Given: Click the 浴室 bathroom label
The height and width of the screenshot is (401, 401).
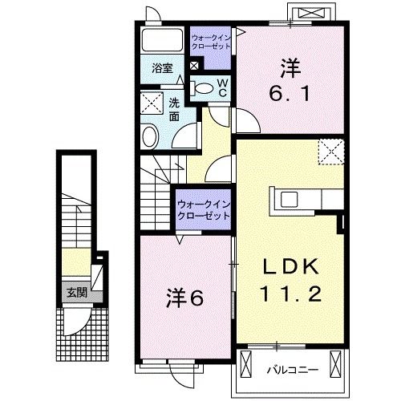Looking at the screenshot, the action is click(x=162, y=68).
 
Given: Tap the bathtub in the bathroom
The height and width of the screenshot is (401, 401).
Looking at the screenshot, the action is click(x=162, y=40).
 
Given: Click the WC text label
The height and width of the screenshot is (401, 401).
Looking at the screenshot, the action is click(x=223, y=88).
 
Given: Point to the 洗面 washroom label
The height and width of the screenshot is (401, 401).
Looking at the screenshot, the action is click(x=174, y=110).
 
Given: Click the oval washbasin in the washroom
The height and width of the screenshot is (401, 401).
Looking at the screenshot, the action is click(x=150, y=136).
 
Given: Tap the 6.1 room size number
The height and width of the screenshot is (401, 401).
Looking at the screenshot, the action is click(x=290, y=94).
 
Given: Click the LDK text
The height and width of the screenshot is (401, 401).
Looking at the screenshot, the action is click(x=291, y=266).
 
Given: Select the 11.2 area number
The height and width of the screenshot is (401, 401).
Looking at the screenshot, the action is click(x=290, y=294).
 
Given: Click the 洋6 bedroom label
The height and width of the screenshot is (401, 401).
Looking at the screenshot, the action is click(x=185, y=298).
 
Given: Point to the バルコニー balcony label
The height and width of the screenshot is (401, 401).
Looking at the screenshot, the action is click(x=293, y=370).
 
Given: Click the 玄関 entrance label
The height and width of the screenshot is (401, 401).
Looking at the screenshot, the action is click(x=77, y=293).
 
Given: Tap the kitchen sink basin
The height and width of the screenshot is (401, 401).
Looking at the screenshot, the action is click(x=290, y=200).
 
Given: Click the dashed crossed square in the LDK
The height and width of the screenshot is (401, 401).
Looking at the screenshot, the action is click(x=331, y=152).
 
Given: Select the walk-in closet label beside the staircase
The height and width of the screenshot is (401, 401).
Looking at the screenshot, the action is click(x=204, y=210).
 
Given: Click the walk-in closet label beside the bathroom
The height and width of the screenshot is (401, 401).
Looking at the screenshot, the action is click(x=211, y=42).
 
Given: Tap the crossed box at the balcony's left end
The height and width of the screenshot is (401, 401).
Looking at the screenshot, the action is click(x=246, y=364).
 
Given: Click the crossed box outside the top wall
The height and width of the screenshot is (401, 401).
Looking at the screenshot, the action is click(x=311, y=13).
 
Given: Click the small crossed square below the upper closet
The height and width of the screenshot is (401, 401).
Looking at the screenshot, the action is click(x=194, y=66).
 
